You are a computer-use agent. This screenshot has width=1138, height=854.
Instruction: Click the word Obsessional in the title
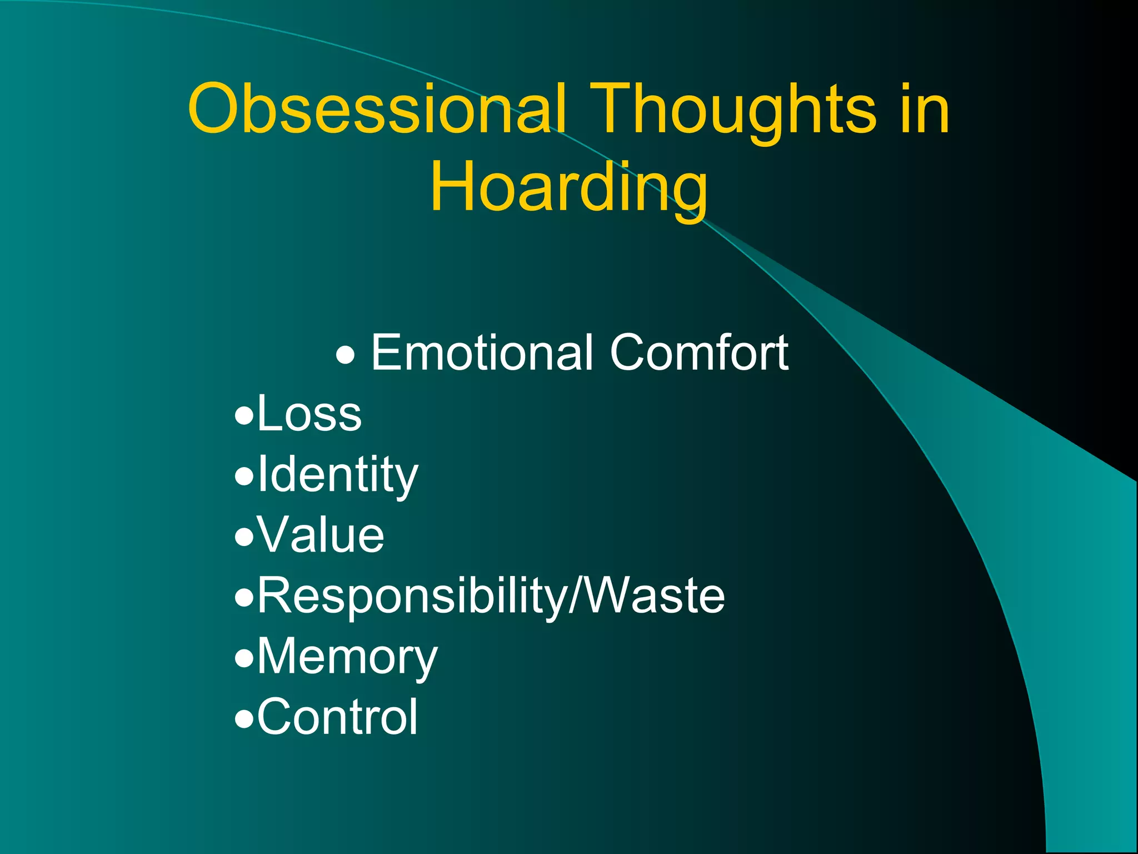[x=378, y=109]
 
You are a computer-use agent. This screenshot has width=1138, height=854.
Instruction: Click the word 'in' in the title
[x=925, y=109]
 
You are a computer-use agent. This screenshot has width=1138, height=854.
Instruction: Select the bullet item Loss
[x=309, y=414]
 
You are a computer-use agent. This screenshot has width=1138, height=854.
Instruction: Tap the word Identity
[x=337, y=475]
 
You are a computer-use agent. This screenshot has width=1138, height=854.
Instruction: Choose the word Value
[x=321, y=535]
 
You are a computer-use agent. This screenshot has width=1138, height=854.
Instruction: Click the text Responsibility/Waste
[x=491, y=596]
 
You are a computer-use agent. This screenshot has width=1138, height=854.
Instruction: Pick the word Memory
[x=347, y=657]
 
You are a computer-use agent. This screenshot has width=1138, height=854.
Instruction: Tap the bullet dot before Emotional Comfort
[x=345, y=355]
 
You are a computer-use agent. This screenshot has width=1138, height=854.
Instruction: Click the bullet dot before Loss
[x=243, y=416]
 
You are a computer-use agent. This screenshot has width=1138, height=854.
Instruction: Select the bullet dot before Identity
[x=243, y=477]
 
